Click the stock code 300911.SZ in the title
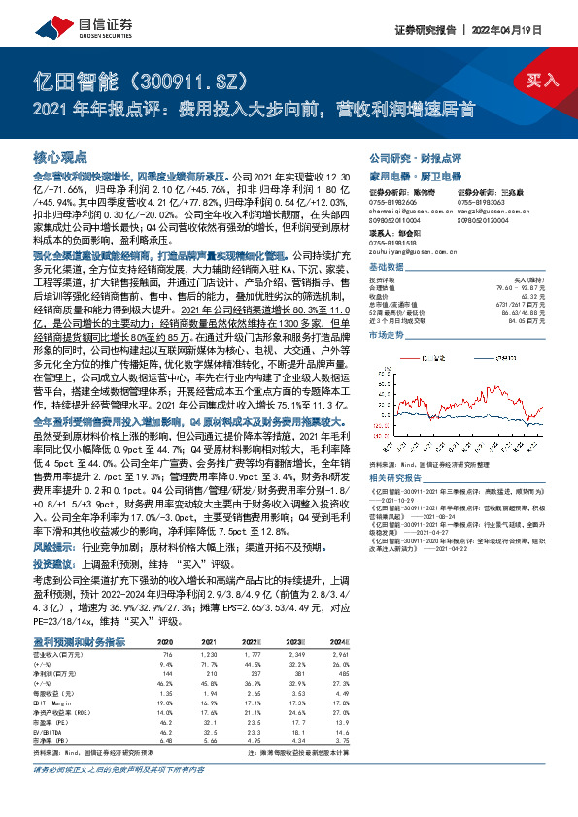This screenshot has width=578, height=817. point(181,81)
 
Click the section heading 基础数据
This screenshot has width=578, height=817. point(387,266)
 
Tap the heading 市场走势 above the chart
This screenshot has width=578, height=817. point(387,333)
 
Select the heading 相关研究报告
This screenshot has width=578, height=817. point(395,477)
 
